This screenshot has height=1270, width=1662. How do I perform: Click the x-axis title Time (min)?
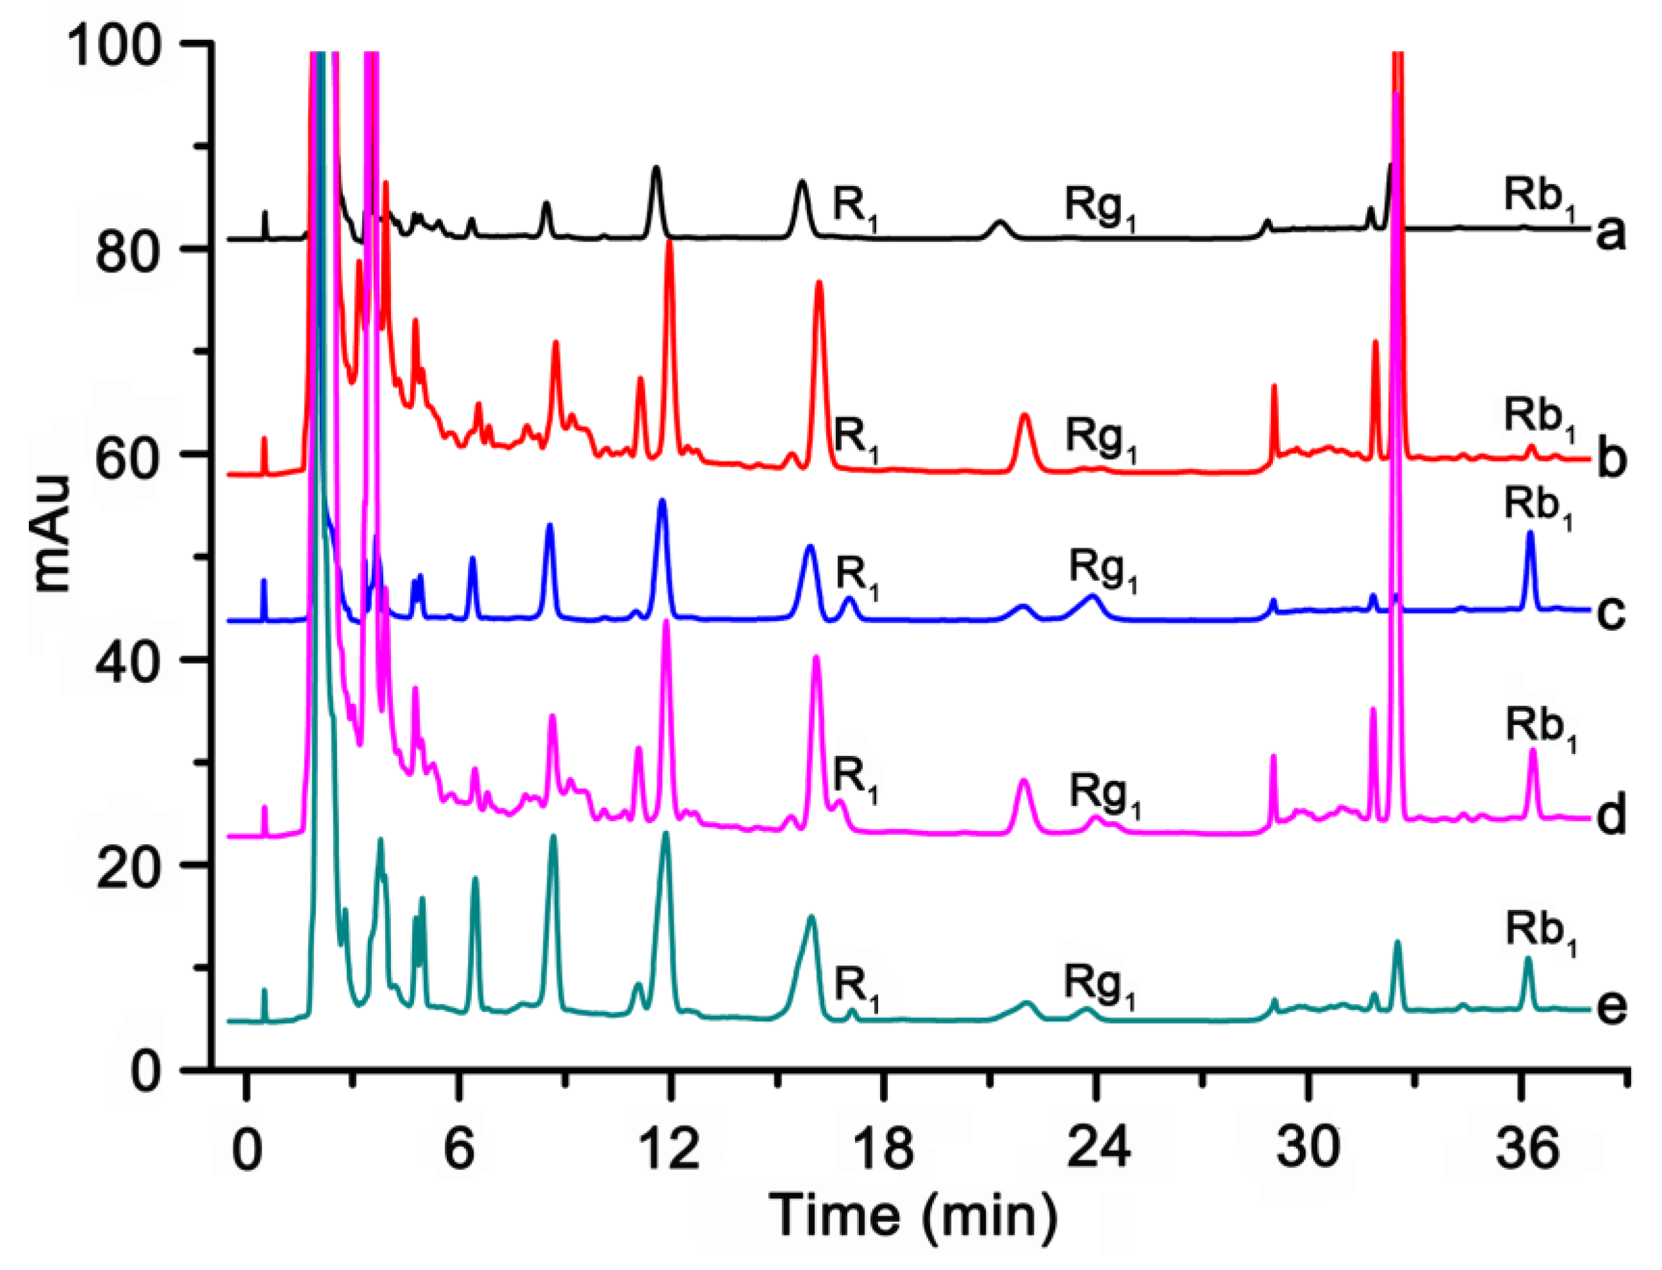tap(912, 1216)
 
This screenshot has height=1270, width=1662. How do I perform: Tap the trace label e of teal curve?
tap(1611, 1007)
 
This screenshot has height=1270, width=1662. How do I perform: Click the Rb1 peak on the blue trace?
tap(1531, 533)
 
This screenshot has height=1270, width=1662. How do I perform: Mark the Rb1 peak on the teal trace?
tap(1527, 960)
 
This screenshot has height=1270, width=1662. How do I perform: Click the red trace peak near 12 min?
tap(669, 244)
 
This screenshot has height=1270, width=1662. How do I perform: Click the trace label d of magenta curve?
tap(1611, 817)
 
